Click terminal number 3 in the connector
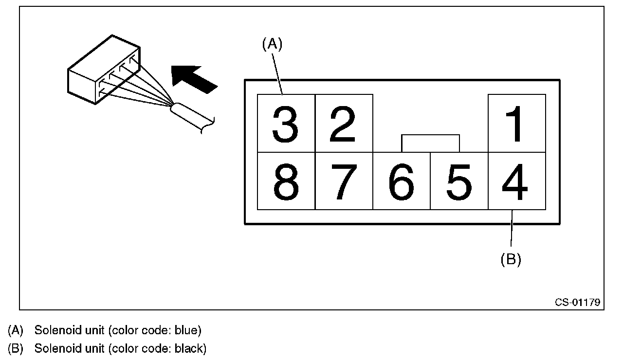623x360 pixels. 286,124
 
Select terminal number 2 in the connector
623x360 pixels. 344,124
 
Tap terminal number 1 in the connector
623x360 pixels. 516,124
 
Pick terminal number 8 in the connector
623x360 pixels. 286,181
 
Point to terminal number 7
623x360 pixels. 344,181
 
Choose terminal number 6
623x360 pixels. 402,181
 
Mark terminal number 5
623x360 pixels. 459,181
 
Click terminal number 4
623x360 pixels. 516,181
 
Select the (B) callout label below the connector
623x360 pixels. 511,259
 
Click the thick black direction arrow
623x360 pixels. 194,78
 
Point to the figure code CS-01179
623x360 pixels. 578,302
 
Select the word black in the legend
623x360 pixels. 189,348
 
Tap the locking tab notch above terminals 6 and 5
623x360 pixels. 430,143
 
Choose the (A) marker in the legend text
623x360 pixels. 16,331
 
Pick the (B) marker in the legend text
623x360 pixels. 16,348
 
